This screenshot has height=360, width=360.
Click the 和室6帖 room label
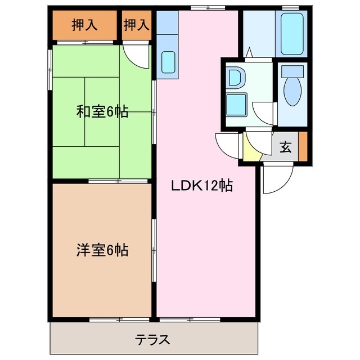[102, 112]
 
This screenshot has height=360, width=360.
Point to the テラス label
[152, 340]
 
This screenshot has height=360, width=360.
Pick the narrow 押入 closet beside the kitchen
[137, 25]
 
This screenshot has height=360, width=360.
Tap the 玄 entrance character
[286, 148]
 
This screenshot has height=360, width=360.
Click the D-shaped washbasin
[235, 77]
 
